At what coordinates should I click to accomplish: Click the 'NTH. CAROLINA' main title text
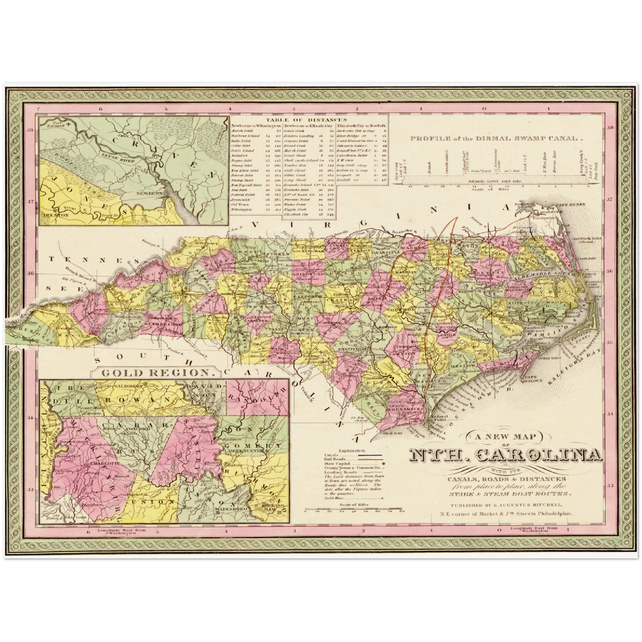pos(506,456)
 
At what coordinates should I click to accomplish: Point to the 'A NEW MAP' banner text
pos(506,437)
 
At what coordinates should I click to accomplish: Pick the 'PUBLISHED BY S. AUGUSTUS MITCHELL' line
pos(506,505)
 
